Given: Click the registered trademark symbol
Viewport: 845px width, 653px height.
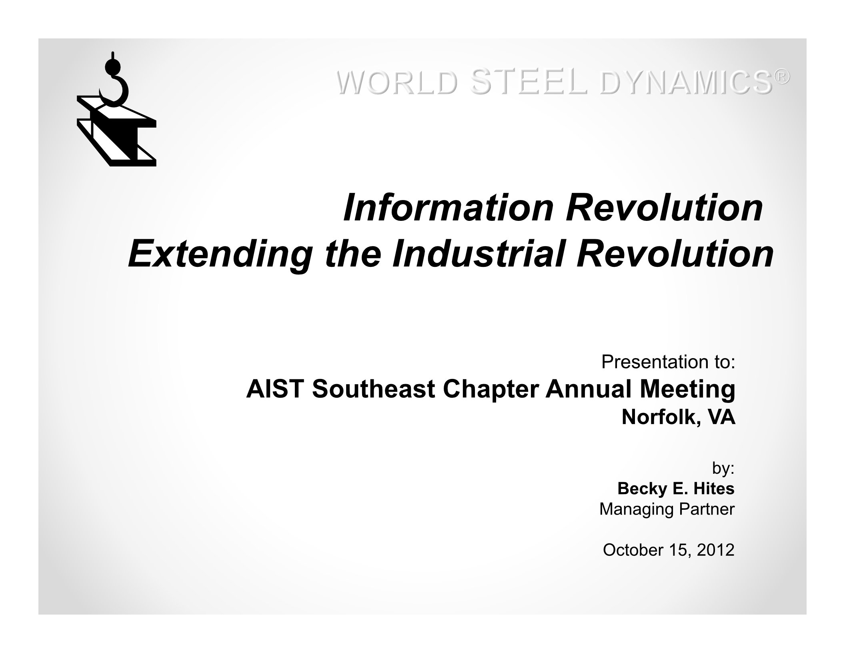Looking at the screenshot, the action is pyautogui.click(x=783, y=77).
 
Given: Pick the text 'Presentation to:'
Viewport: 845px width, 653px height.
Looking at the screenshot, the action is pyautogui.click(x=668, y=362).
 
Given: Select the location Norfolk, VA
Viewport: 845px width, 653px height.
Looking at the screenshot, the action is pyautogui.click(x=679, y=418).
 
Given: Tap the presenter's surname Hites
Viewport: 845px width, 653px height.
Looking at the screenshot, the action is pyautogui.click(x=714, y=488).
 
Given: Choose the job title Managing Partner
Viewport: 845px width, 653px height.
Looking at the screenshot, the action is pyautogui.click(x=667, y=509).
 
